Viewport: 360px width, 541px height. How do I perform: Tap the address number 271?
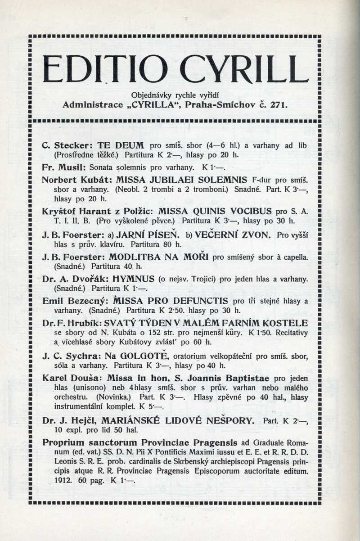[279, 105]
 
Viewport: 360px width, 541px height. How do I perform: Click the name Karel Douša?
[68, 378]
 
